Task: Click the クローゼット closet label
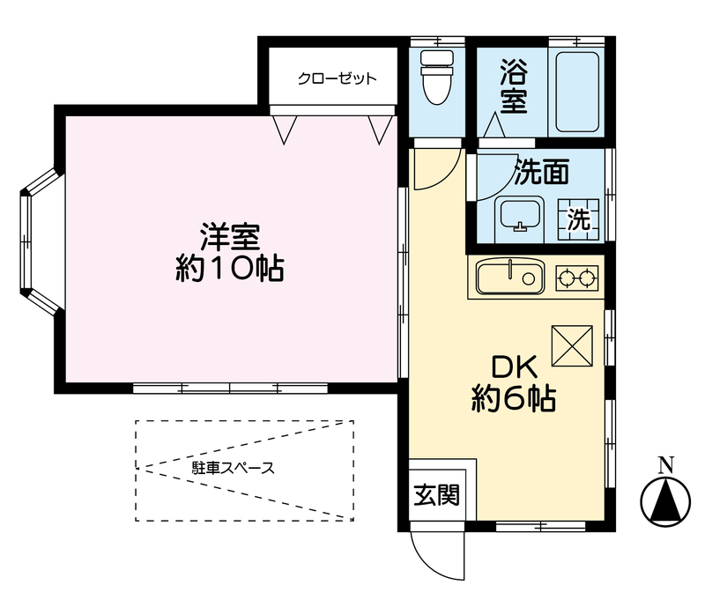click(337, 78)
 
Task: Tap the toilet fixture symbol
click(436, 79)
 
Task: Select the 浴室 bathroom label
click(514, 86)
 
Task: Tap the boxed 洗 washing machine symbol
click(578, 219)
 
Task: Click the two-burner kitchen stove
click(576, 278)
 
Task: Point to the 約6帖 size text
click(512, 400)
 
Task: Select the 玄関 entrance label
click(436, 496)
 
